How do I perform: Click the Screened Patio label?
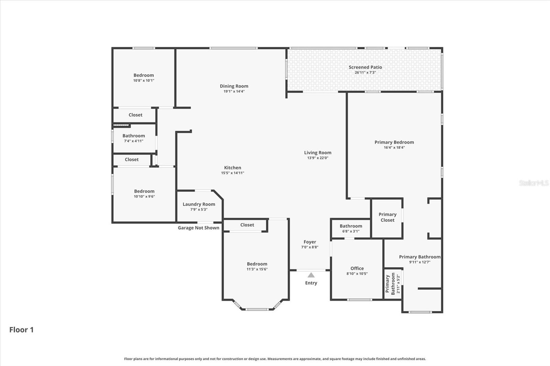pos(365,67)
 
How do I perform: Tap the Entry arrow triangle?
pos(311,275)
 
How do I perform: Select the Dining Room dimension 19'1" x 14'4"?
pos(234,91)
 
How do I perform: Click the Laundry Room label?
pos(199,204)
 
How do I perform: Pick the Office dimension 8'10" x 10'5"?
pos(357,274)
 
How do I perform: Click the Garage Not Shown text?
pos(198,228)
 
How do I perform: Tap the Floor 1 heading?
pos(21,330)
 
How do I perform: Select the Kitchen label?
pos(232,168)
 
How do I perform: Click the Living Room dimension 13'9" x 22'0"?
pos(318,158)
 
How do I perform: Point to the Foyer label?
pos(310,242)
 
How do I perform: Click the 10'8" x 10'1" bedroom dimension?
pos(144,80)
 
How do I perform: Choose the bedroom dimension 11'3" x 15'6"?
pos(257,269)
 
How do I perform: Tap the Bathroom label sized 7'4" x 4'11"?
pos(134,136)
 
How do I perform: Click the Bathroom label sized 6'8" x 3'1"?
pos(351,226)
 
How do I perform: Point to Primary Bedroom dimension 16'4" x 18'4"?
pos(394,148)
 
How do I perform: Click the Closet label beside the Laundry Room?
pos(247,225)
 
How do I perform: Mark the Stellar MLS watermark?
pos(533,183)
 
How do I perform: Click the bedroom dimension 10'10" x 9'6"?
pos(144,196)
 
